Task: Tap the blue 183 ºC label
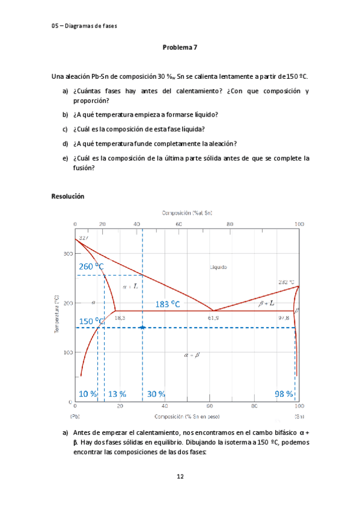coord(168,304)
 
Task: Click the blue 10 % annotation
coord(88,394)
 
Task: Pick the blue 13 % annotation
coord(117,394)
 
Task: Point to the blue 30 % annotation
coord(156,394)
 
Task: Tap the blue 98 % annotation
coord(284,394)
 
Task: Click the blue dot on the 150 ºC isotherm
coord(142,327)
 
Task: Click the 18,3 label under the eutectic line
coord(120,317)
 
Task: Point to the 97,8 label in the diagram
coord(283,317)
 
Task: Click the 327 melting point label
coord(84,238)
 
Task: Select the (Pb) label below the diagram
coord(75,416)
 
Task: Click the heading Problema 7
coord(180,47)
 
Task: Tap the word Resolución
coord(68,196)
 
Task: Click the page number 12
coord(180,477)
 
